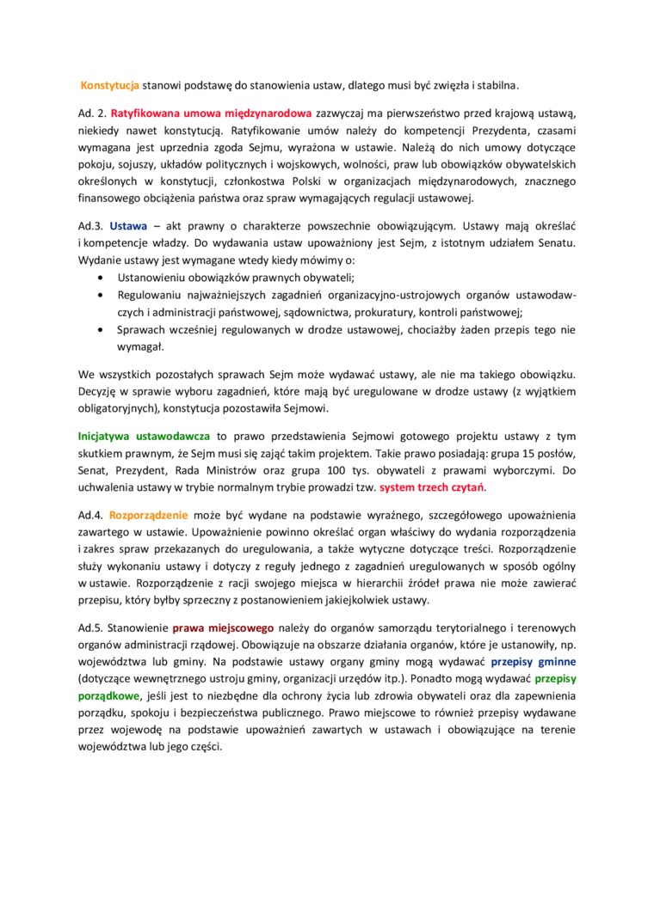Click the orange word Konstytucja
110,86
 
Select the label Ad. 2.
90,113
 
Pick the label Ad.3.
90,227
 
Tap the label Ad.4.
90,516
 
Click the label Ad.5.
90,628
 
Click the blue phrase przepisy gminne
534,663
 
